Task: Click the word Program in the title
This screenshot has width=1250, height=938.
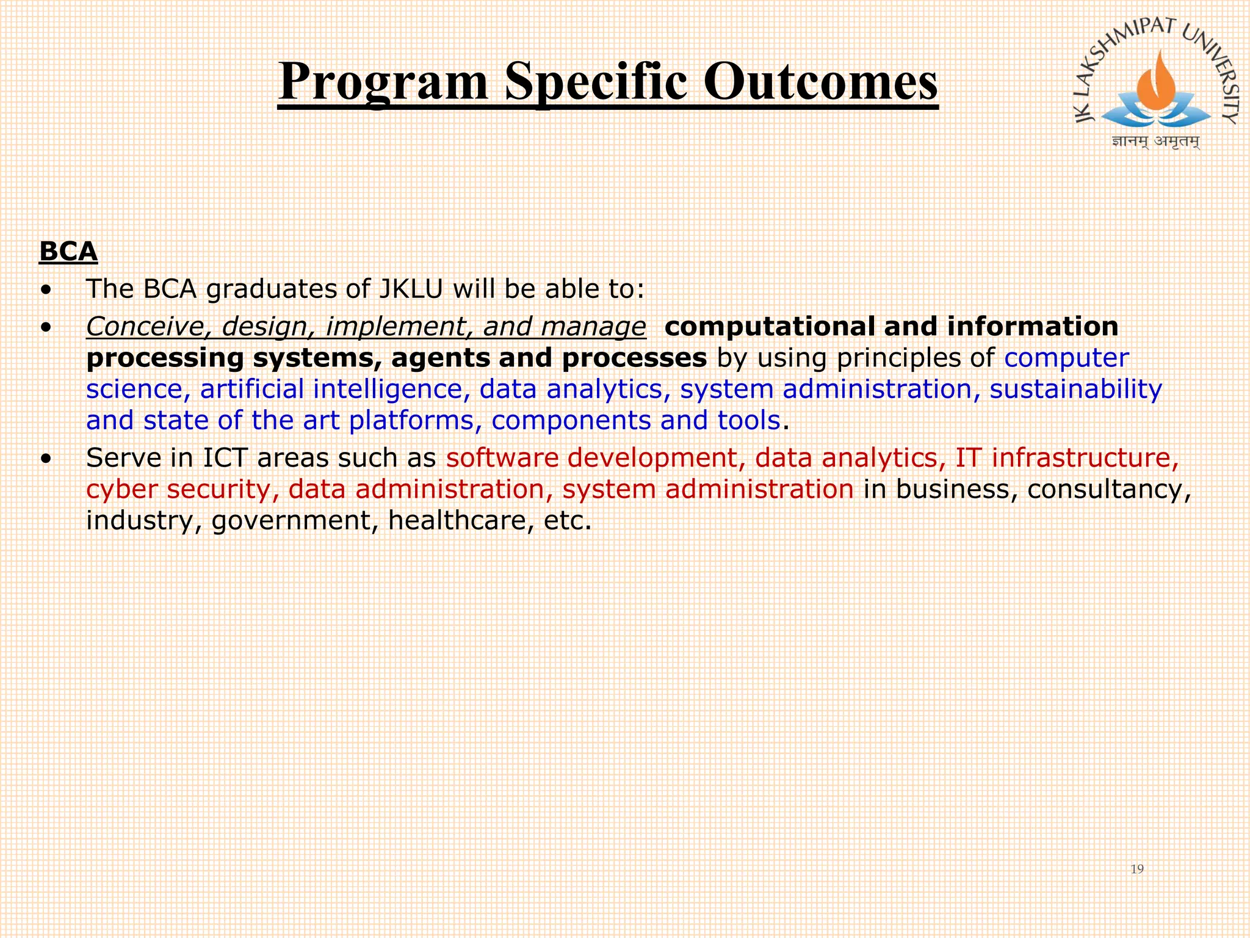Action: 383,82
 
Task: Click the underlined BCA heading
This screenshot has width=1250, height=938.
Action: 68,252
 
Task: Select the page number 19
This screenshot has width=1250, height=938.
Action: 1136,869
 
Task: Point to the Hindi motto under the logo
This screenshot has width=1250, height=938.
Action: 1155,142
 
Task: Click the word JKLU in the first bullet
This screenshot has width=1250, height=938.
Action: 410,289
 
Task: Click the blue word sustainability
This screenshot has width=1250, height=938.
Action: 1075,390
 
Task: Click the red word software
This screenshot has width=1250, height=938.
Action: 502,458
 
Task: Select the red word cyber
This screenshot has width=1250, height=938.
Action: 121,490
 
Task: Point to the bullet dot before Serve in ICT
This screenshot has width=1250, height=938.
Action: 46,459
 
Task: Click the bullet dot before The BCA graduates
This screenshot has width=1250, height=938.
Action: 46,291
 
